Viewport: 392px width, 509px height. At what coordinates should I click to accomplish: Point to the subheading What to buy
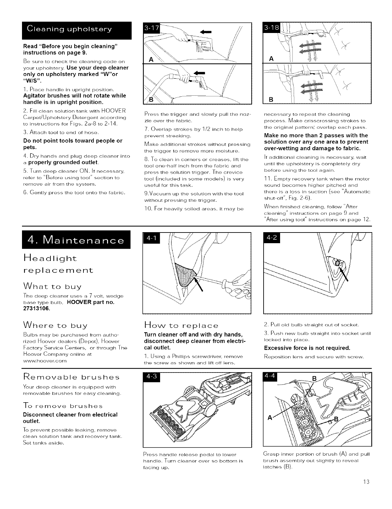point(52,286)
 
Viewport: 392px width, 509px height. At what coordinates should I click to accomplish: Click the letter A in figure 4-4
point(269,417)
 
